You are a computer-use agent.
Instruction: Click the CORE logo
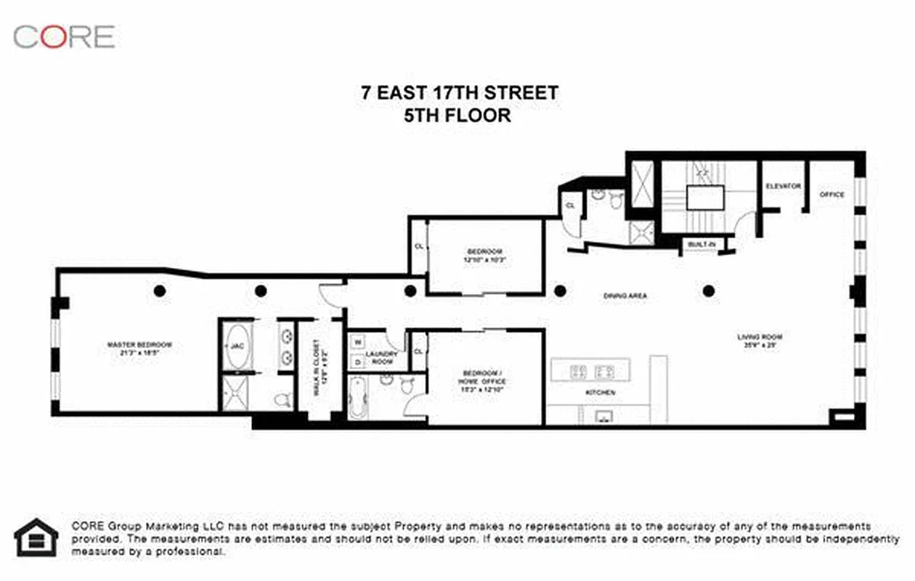click(64, 36)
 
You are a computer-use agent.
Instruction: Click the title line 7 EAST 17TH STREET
click(460, 93)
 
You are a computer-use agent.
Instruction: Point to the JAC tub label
click(237, 346)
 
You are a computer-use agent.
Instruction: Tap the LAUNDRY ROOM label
click(382, 357)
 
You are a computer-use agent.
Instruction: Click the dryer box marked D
click(357, 361)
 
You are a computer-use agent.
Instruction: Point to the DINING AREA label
click(625, 296)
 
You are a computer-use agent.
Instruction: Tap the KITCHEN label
click(601, 392)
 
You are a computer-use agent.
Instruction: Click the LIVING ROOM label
click(760, 341)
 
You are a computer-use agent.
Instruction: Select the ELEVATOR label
click(783, 187)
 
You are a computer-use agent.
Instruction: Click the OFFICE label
click(832, 195)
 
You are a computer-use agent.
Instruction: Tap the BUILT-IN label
click(701, 245)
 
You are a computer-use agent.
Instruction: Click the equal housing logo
click(36, 537)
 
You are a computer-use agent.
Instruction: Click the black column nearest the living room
click(709, 291)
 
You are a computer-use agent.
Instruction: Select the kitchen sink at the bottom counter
click(604, 416)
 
